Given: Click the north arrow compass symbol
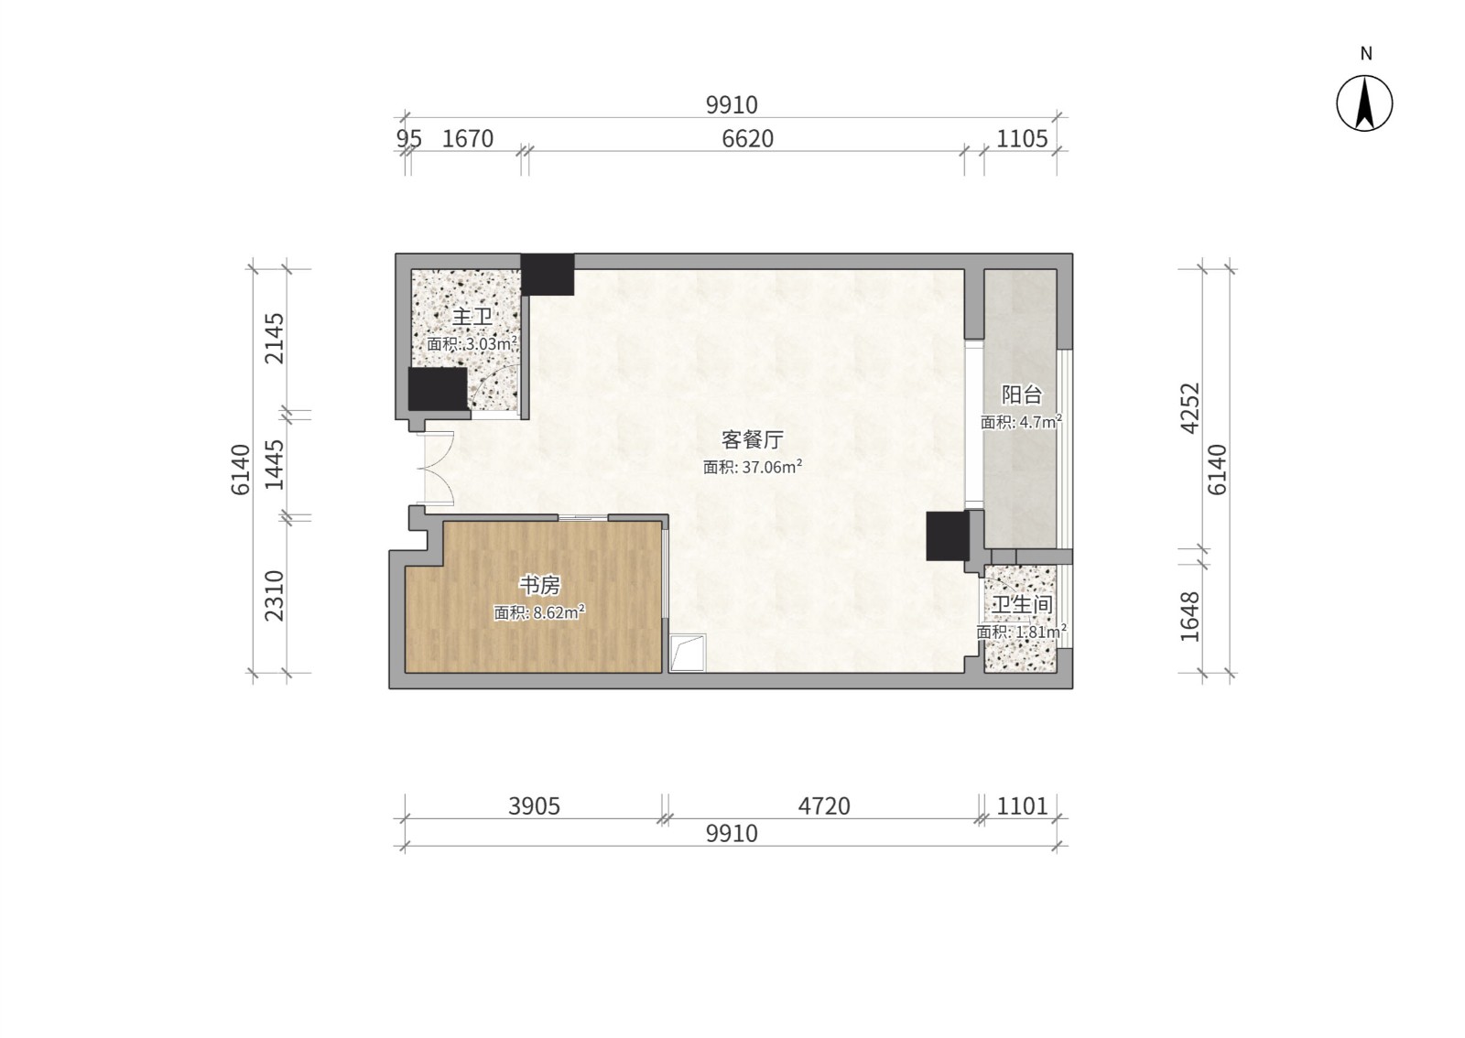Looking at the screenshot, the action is pos(1364,103).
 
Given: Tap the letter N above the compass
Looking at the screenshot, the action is pos(1366,54).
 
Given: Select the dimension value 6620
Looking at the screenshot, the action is pos(747,138).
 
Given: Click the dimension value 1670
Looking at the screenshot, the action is pos(468,138).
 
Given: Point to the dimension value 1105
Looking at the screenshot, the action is pos(1022,138).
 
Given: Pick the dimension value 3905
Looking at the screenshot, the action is pos(535,806).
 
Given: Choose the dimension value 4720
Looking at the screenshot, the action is pos(824,806).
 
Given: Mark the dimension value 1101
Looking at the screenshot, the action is pos(1022,806).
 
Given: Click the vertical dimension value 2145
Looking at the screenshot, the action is pos(274,339).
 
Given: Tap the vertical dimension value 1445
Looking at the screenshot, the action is pos(274,465).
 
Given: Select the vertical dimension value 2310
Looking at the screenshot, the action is pos(274,596).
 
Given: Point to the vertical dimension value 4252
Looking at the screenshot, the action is pos(1190,408).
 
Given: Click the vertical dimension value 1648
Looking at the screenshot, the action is pos(1190,616).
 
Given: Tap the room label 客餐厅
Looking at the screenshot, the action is pos(752,440).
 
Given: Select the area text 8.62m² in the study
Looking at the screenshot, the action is pos(559,611).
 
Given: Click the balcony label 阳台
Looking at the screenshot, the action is pos(1022,395).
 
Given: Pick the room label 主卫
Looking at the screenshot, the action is pos(472,317).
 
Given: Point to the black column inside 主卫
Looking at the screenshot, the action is pos(438,389).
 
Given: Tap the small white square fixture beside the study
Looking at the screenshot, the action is pos(688,653).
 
